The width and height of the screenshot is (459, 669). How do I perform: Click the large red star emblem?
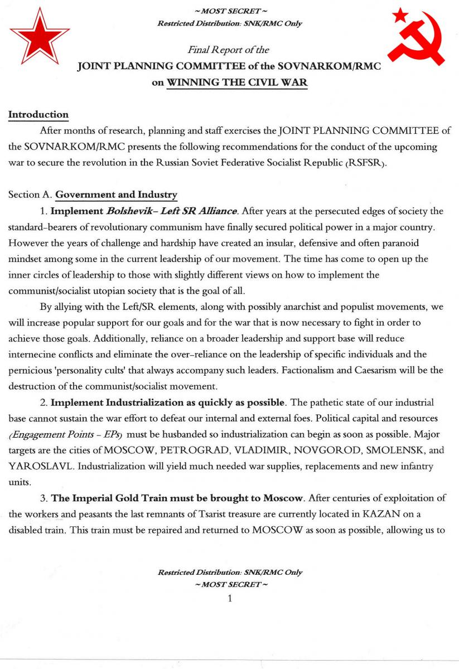pos(39,36)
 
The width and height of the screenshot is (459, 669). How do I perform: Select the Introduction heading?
pos(38,115)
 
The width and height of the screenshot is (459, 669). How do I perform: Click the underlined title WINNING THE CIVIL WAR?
pos(238,83)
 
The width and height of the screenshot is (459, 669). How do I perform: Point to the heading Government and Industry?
pos(117,195)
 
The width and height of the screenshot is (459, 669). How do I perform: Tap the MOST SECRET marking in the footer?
pos(229,584)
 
